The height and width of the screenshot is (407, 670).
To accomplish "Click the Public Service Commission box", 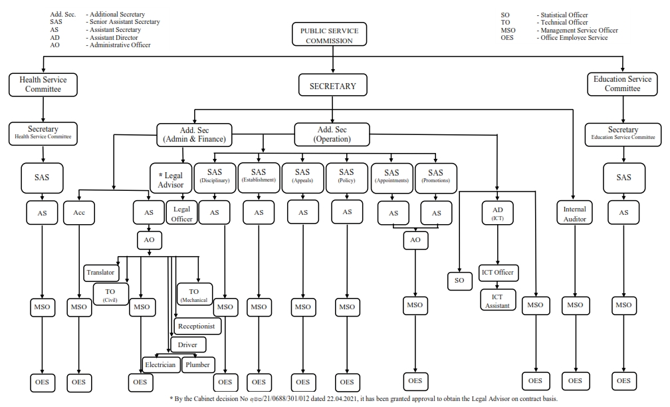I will point(329,35).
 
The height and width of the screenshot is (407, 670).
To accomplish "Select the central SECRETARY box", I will point(332,86).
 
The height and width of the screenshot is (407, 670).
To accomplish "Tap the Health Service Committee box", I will point(43,84).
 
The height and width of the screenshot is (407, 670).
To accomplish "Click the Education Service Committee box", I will point(623,84).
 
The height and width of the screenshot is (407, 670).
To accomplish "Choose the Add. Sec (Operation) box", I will point(332,134).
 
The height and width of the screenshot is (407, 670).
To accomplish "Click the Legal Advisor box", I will point(170,180).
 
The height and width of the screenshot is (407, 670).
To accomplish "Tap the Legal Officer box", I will point(181,213).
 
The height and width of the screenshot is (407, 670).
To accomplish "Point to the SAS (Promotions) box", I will point(435,177).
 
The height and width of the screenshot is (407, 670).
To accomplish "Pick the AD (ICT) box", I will point(497,213).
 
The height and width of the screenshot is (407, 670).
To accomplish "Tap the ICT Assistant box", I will point(497,300).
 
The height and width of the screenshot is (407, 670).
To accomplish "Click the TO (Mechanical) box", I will point(195,295).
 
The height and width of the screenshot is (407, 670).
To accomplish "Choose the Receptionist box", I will point(197,327).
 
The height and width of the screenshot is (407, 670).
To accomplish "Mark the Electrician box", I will point(160,364).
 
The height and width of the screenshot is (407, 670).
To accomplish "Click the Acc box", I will point(79,213).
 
